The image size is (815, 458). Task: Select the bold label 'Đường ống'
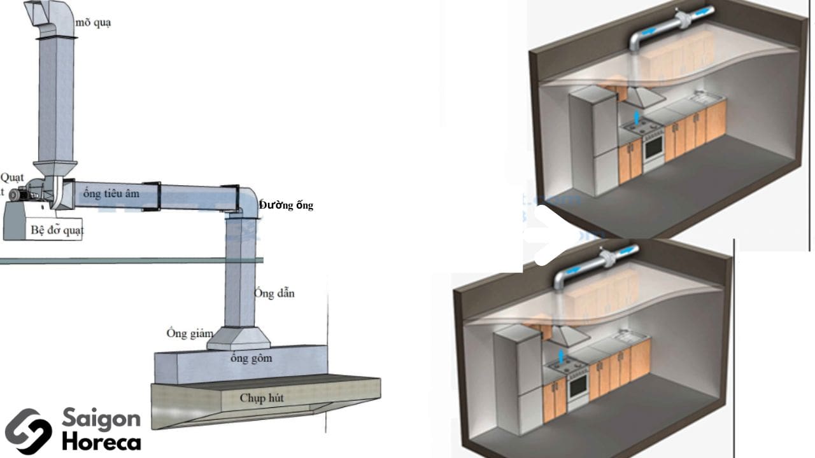click(x=286, y=205)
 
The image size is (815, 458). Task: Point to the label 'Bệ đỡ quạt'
click(x=57, y=230)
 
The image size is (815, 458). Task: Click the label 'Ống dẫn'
click(x=274, y=293)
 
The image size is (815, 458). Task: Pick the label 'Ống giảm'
click(x=190, y=333)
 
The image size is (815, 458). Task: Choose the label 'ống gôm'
click(x=252, y=358)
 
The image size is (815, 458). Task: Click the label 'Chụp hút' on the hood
click(x=262, y=398)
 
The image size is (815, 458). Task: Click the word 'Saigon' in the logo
click(x=101, y=419)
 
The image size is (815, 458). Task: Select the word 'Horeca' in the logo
click(x=101, y=441)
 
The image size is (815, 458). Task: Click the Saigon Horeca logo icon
click(x=28, y=431)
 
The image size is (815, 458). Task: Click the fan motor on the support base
click(x=20, y=193)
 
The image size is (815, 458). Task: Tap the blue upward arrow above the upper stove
click(x=637, y=117)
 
